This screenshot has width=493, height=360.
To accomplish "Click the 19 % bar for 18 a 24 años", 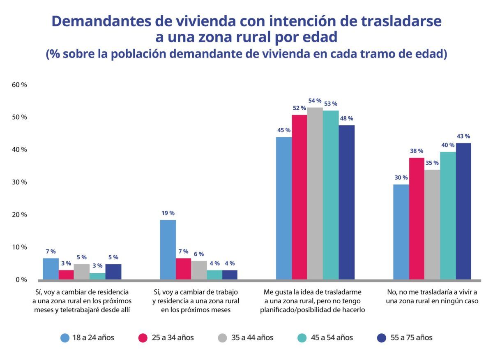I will point(168,249).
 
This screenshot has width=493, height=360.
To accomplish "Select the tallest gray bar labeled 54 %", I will point(315,193).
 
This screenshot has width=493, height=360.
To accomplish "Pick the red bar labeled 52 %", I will point(299,197).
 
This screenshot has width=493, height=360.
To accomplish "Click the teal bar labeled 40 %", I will point(448,215).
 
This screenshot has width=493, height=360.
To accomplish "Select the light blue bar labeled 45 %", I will point(284,208).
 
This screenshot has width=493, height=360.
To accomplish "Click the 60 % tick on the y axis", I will point(19,85).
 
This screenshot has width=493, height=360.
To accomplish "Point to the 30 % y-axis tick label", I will point(19,182).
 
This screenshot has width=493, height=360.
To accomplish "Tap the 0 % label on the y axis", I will point(21,279).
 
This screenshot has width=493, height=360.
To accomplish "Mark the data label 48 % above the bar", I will point(346,118).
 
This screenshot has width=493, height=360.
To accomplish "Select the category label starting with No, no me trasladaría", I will point(432,296).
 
